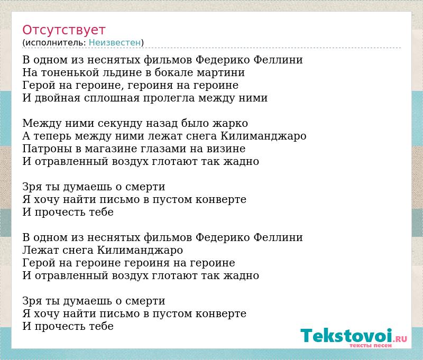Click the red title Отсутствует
pyautogui.click(x=63, y=30)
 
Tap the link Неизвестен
pyautogui.click(x=115, y=43)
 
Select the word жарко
pyautogui.click(x=231, y=123)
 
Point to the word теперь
pyautogui.click(x=52, y=136)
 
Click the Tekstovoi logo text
pyautogui.click(x=346, y=335)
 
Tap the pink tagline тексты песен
pyautogui.click(x=371, y=345)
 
